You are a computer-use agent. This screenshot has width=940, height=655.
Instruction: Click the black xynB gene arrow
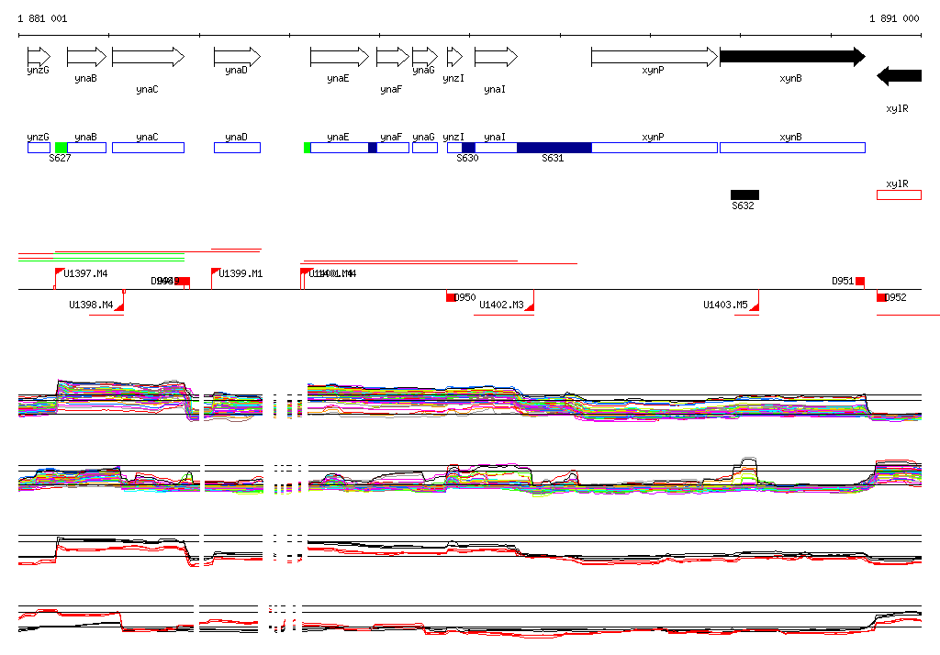(x=791, y=57)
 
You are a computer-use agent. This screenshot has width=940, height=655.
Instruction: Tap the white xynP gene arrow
(x=654, y=57)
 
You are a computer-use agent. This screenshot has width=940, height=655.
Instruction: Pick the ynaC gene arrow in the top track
(x=148, y=57)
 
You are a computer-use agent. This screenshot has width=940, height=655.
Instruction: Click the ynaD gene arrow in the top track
(x=237, y=57)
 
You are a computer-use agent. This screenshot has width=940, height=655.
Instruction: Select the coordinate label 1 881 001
(x=42, y=18)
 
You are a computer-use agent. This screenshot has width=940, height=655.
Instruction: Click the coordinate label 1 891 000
(x=894, y=18)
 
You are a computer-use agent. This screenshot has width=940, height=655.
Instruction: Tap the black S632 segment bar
(x=744, y=194)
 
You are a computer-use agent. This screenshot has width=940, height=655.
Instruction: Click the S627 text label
(x=60, y=159)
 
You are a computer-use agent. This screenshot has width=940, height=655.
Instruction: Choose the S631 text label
(x=553, y=159)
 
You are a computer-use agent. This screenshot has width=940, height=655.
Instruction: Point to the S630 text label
(x=467, y=159)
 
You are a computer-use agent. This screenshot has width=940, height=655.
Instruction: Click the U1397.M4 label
(x=85, y=273)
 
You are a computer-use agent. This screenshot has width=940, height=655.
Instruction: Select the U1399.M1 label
(x=241, y=273)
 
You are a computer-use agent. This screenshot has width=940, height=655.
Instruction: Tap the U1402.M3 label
(x=501, y=305)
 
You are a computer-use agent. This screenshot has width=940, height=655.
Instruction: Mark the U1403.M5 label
(x=725, y=305)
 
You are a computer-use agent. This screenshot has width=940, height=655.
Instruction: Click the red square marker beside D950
(x=451, y=296)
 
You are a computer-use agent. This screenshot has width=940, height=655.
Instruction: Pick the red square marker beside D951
(x=860, y=281)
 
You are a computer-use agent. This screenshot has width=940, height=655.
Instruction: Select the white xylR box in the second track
(x=899, y=194)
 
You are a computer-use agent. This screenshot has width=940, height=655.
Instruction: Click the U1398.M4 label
(x=91, y=305)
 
